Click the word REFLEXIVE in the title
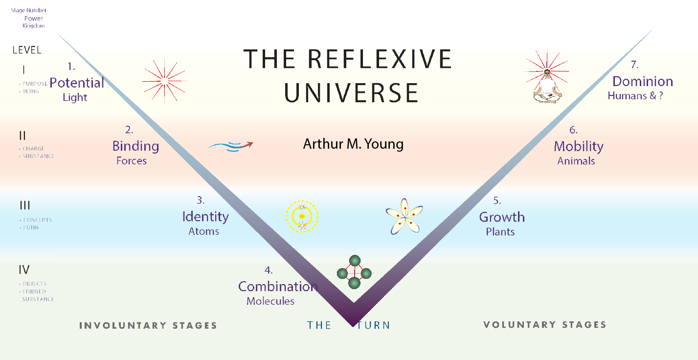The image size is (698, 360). pos(380,59)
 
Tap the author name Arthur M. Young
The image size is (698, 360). pos(353,144)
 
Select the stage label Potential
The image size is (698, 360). pos(77,83)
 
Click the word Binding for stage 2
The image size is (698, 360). pos(135,146)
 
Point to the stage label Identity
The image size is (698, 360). pos(205,216)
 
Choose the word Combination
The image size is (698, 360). pos(278,287)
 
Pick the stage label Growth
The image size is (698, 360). pos(501,217)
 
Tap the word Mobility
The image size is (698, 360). pos(578,146)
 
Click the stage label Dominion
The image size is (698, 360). pos(642,81)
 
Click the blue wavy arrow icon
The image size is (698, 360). pos(230,146)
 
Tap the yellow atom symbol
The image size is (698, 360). pos(302,216)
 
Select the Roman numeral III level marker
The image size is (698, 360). pos(24,205)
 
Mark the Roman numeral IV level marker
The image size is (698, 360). pos(24,270)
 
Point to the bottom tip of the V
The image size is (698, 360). pos(353,324)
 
